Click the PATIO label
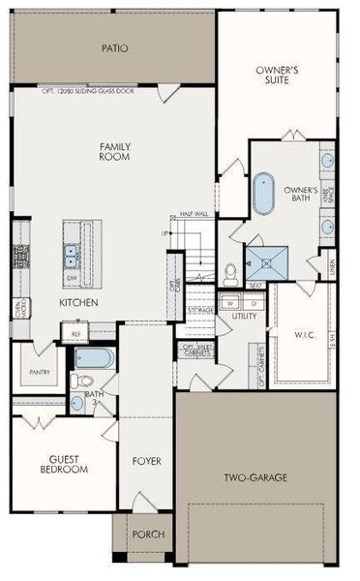[115, 47]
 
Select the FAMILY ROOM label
[115, 152]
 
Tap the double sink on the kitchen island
[72, 256]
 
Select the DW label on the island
[72, 278]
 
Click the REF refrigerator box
[75, 333]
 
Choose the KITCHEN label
[79, 303]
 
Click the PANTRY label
[39, 371]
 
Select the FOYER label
[146, 461]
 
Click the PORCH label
[147, 534]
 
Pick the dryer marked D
[247, 302]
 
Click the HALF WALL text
[195, 214]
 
